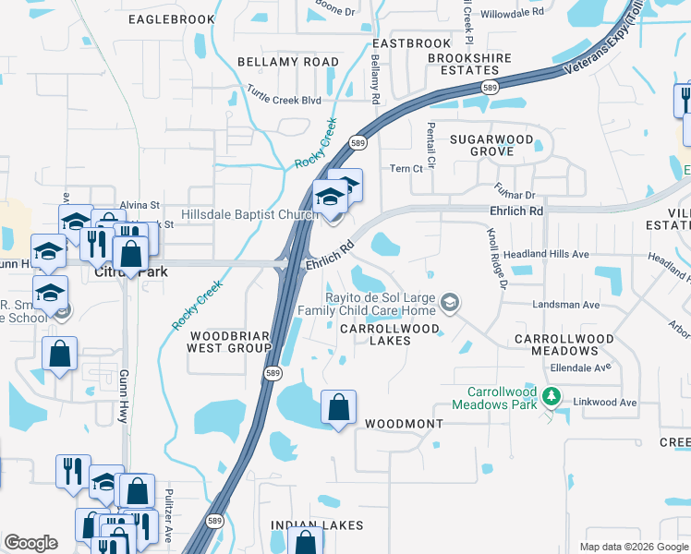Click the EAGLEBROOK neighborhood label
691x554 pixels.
pos(172,18)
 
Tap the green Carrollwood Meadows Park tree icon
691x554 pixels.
pos(552,397)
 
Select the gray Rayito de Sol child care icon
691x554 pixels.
pos(450,303)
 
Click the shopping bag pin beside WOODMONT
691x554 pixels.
pos(339,407)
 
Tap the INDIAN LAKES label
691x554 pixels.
pos(317,524)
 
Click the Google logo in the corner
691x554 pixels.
pos(30,543)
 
